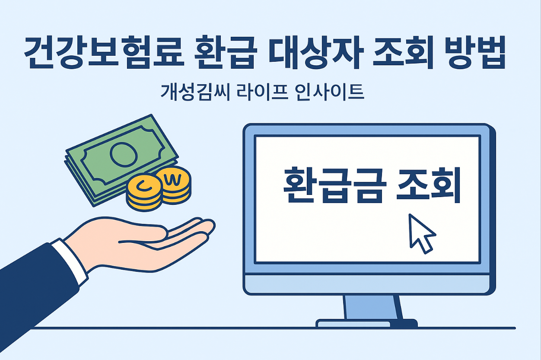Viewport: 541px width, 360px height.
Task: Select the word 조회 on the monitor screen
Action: (428, 186)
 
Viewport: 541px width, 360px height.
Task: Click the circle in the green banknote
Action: (123, 154)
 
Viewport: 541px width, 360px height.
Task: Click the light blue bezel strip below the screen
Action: (368, 284)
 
